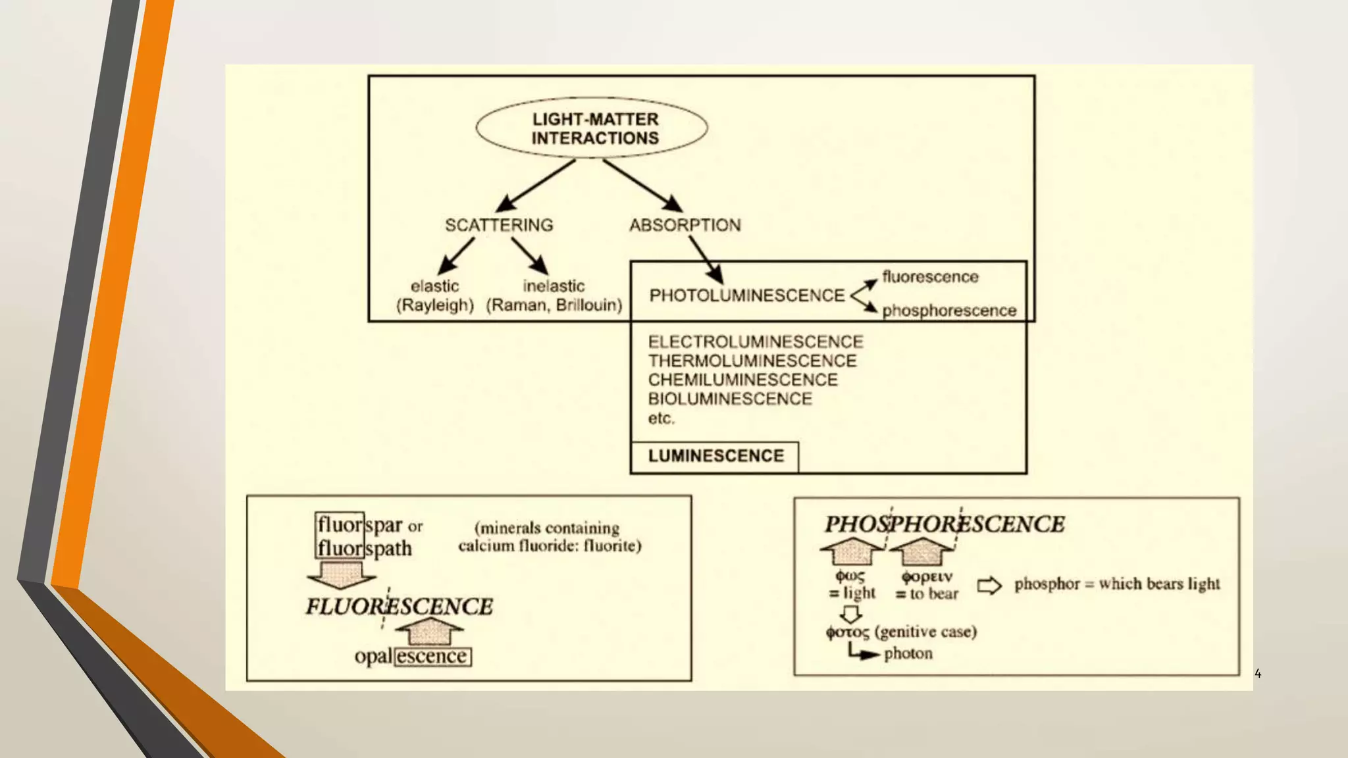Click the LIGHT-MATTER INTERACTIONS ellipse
click(592, 128)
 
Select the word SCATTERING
click(499, 225)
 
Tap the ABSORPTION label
click(685, 225)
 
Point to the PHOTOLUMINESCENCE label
click(746, 295)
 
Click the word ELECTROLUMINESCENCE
click(755, 341)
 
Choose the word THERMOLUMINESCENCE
click(752, 361)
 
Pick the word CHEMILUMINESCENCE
click(742, 380)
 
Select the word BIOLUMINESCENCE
click(729, 399)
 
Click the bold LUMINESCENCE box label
click(715, 456)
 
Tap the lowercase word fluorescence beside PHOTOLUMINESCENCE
click(929, 277)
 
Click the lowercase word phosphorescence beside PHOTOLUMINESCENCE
click(948, 311)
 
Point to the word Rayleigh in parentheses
click(434, 305)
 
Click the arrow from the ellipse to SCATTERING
click(534, 186)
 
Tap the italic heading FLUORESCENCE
click(399, 606)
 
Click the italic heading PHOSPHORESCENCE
click(944, 524)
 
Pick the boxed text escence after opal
click(432, 657)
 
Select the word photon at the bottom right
click(908, 653)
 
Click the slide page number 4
click(1258, 673)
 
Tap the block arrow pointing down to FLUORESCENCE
click(341, 574)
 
